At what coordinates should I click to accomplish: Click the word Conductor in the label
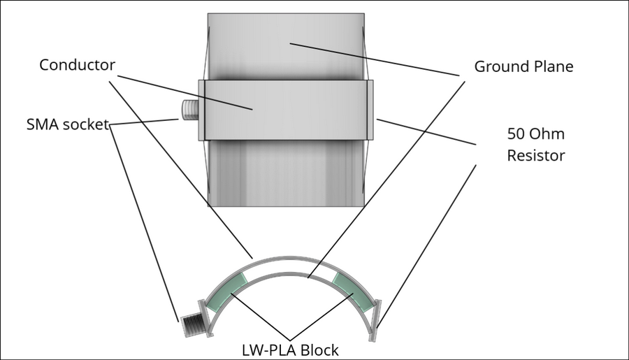tap(77, 65)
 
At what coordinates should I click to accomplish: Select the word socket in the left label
tap(86, 125)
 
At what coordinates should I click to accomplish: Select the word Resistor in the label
tap(535, 154)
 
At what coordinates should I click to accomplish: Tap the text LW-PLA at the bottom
tap(264, 349)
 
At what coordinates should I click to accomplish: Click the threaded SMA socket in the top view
tap(189, 110)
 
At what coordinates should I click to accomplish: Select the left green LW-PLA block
tap(231, 289)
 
